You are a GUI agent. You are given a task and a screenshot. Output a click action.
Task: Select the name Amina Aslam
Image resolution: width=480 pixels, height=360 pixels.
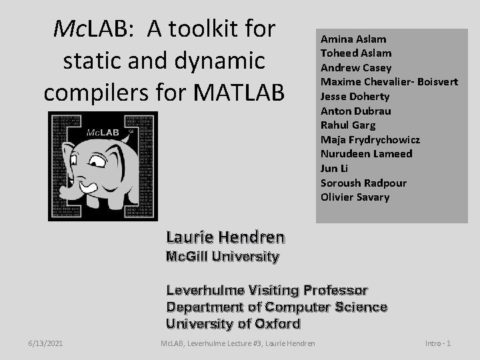[x=353, y=39]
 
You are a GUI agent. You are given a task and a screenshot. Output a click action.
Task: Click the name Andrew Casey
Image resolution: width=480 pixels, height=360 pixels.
[x=356, y=67]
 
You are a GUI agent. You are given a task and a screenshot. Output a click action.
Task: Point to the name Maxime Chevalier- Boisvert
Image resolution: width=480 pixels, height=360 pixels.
[x=389, y=82]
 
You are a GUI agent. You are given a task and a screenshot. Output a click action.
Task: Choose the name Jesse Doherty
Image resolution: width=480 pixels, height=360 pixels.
[x=355, y=96]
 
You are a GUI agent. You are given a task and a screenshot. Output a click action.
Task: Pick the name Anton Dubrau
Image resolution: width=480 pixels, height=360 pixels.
[x=355, y=111]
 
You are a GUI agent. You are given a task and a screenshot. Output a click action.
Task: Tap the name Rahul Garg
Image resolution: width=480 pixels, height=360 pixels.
[x=348, y=125]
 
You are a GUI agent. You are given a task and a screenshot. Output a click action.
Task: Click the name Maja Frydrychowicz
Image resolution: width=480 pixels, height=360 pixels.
[x=370, y=139]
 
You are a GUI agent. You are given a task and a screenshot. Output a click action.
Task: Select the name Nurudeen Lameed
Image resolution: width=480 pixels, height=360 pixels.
[x=366, y=153]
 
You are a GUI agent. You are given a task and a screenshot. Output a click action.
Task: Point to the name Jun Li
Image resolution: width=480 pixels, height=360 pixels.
[x=335, y=168]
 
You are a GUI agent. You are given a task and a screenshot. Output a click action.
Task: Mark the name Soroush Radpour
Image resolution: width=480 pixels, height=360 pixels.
[x=363, y=183]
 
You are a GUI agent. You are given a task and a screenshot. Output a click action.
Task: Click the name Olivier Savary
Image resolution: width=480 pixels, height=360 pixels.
[x=355, y=197]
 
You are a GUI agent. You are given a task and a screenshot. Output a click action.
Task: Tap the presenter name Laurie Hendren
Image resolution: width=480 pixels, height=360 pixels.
[x=225, y=237]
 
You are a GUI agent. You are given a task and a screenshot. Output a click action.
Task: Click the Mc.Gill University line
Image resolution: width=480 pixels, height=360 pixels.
[x=223, y=256]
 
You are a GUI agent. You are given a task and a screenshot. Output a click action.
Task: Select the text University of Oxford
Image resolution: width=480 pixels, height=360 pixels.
[x=233, y=324]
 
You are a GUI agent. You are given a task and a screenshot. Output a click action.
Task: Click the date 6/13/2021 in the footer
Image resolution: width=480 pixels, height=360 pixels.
[x=46, y=343]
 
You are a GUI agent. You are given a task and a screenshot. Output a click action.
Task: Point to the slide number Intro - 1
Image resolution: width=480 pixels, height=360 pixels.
[x=438, y=343]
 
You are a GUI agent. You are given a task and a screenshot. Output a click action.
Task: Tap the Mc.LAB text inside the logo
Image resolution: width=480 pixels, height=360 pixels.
[x=102, y=133]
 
